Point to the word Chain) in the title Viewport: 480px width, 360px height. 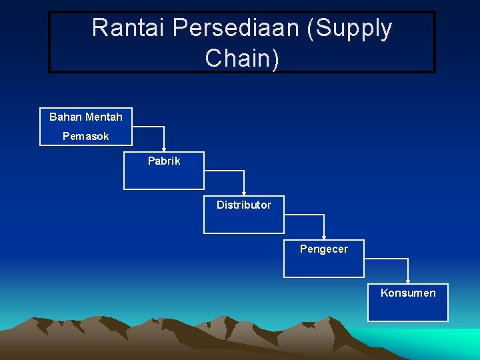[242, 58]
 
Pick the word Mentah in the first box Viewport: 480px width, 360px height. [105, 117]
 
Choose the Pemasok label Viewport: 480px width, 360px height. [85, 136]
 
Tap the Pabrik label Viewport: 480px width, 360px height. [164, 161]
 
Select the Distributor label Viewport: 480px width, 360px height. [243, 205]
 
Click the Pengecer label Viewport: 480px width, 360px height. [323, 249]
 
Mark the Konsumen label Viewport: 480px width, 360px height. [408, 293]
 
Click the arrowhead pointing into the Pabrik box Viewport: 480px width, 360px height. [164, 149]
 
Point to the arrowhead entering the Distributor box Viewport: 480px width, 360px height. [244, 193]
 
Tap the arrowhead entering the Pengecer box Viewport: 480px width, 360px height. [324, 237]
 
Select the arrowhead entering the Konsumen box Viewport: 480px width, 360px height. [408, 281]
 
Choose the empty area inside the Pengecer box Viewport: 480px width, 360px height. [324, 265]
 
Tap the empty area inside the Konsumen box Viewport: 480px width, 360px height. [408, 309]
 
